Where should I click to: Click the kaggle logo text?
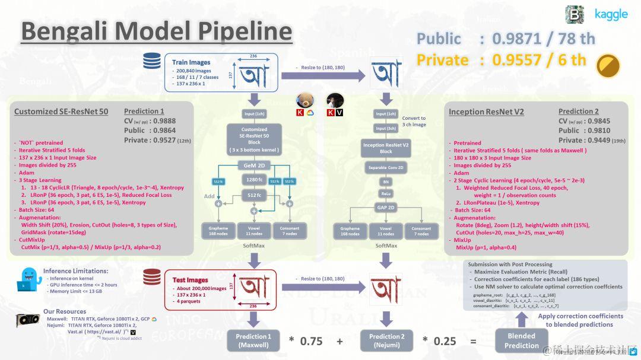611,14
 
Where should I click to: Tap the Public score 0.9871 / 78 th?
506,39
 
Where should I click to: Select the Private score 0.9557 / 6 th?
502,60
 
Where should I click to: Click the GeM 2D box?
254,165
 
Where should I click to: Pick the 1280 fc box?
254,179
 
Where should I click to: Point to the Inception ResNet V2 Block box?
386,148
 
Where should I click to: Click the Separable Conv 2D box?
386,168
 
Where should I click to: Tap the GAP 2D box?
386,207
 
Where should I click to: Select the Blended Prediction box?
521,340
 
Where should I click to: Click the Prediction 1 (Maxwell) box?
253,340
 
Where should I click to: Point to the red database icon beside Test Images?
152,277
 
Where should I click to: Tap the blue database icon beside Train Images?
152,60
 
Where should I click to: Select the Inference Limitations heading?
75,271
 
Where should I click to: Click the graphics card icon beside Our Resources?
27,321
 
